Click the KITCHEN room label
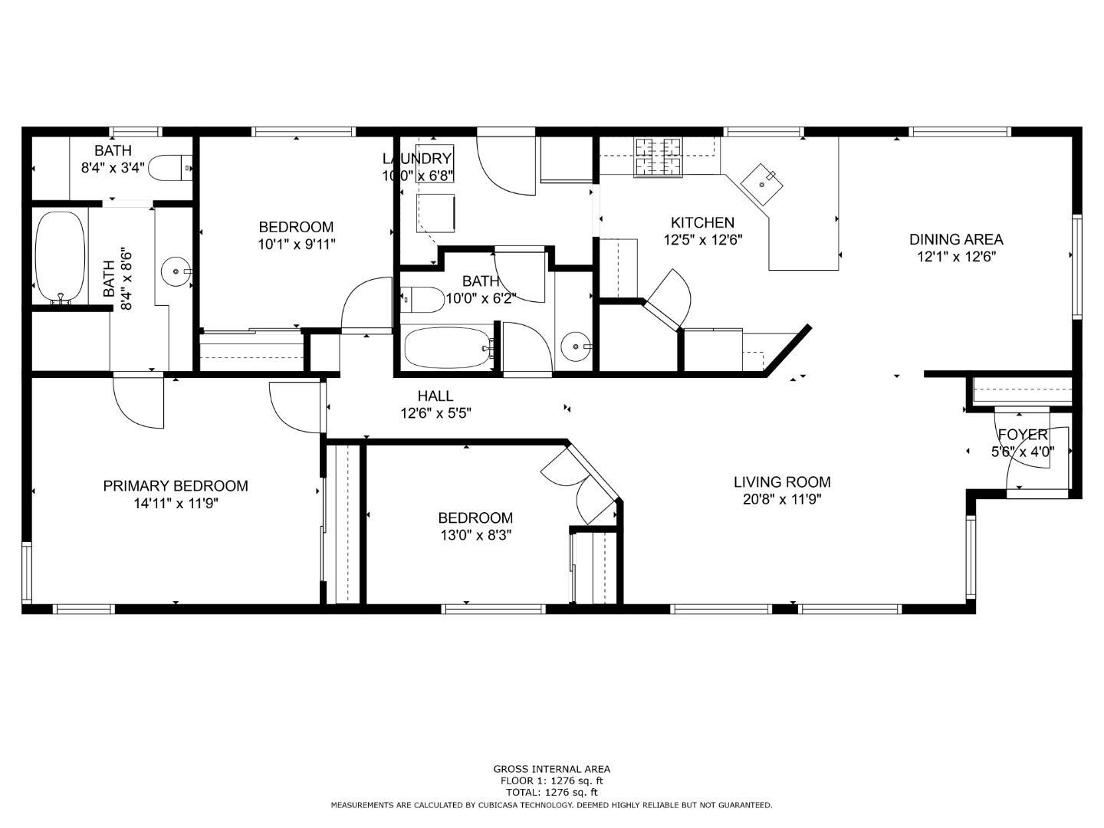point(702,222)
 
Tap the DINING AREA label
point(955,239)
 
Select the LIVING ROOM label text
point(781,482)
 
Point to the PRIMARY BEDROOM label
point(176,486)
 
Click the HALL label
point(435,396)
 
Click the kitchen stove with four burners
point(658,156)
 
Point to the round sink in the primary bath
point(176,271)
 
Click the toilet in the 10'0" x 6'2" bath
point(421,299)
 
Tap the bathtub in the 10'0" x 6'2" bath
point(449,348)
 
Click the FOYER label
point(1022,435)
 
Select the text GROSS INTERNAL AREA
point(551,769)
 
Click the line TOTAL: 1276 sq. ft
point(551,792)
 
